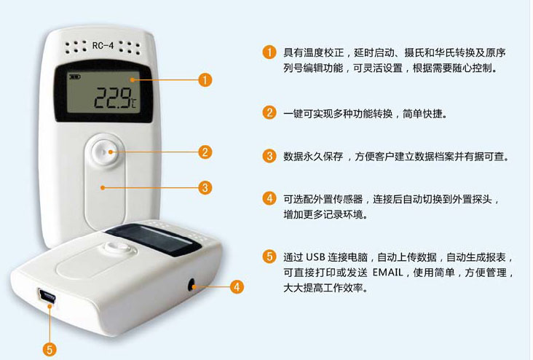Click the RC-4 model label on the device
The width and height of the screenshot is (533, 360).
click(x=103, y=45)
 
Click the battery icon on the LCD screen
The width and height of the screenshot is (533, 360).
click(x=74, y=77)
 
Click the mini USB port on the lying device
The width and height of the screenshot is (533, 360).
click(x=47, y=297)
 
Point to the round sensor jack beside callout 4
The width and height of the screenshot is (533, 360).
click(x=192, y=285)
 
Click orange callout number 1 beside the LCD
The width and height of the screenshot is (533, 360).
click(x=205, y=80)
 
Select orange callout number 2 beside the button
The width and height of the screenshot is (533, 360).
click(x=205, y=152)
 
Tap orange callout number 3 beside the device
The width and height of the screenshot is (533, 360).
click(x=205, y=187)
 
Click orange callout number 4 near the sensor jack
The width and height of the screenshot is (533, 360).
click(x=237, y=286)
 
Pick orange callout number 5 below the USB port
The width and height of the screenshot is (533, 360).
click(x=50, y=350)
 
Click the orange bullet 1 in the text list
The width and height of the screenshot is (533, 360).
click(x=269, y=52)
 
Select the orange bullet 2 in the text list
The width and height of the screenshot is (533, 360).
click(x=269, y=113)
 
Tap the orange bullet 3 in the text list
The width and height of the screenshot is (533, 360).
click(x=269, y=156)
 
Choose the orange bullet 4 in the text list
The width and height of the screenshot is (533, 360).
click(x=269, y=198)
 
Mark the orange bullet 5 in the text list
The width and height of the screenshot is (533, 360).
click(x=269, y=257)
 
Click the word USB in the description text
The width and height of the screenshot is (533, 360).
click(x=315, y=257)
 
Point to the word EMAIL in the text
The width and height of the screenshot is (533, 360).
click(x=388, y=273)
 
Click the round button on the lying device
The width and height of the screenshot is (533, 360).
click(x=117, y=247)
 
